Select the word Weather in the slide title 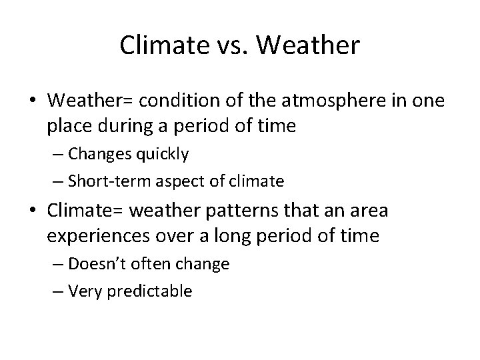[308, 45]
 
